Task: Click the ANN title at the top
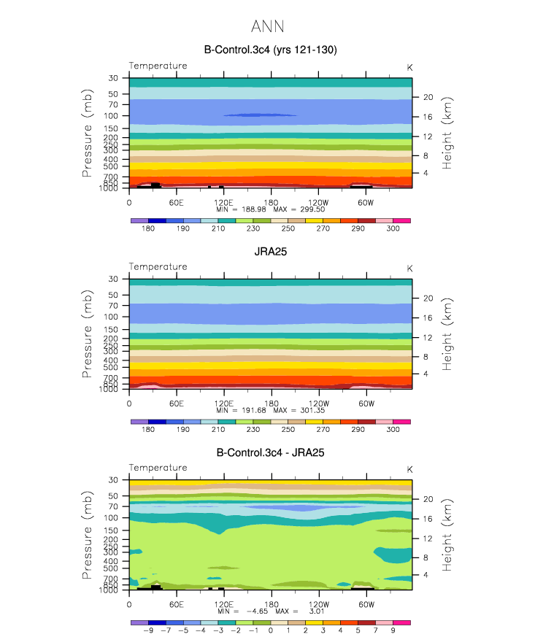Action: pyautogui.click(x=267, y=26)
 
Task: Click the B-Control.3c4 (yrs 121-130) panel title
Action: pyautogui.click(x=271, y=50)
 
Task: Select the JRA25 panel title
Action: pyautogui.click(x=271, y=252)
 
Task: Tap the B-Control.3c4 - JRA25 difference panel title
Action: pyautogui.click(x=271, y=452)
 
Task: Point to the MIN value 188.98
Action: pyautogui.click(x=254, y=209)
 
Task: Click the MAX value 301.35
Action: pyautogui.click(x=312, y=410)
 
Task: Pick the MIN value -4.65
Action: pyautogui.click(x=257, y=611)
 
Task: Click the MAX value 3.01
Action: pyautogui.click(x=317, y=611)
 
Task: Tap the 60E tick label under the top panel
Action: pyautogui.click(x=177, y=202)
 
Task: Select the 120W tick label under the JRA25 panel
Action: pyautogui.click(x=319, y=404)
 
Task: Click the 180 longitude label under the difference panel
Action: pyautogui.click(x=272, y=604)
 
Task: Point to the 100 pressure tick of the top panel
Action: pyautogui.click(x=111, y=116)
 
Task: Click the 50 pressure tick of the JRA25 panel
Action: pyautogui.click(x=113, y=295)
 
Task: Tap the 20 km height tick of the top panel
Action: pyautogui.click(x=428, y=97)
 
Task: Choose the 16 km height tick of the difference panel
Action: pyautogui.click(x=428, y=519)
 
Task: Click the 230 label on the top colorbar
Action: pyautogui.click(x=253, y=228)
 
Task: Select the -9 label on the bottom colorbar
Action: pyautogui.click(x=148, y=630)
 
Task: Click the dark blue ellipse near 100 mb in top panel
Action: pyautogui.click(x=260, y=115)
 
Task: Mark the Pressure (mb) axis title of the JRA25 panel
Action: pyautogui.click(x=87, y=334)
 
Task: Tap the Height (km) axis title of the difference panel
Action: pyautogui.click(x=447, y=535)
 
